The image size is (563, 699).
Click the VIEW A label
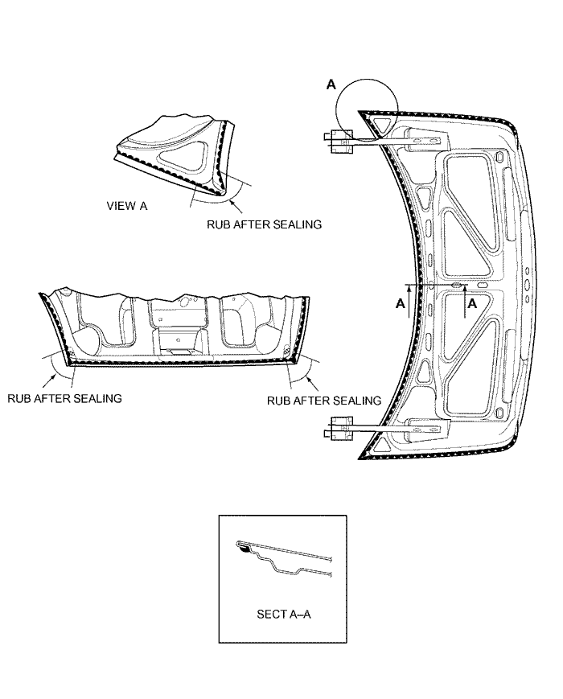point(127,206)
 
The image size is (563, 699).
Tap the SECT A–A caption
point(283,615)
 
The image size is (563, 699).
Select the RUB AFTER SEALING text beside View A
point(264,224)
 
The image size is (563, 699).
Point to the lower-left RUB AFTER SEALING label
point(64,398)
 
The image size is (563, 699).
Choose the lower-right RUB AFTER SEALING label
point(324,401)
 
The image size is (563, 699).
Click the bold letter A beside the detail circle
point(331,84)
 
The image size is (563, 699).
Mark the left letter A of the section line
point(401,303)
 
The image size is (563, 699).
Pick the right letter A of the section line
point(472,303)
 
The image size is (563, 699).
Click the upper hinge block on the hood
point(340,141)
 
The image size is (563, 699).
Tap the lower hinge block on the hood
point(342,428)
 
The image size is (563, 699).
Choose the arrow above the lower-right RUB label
point(311,384)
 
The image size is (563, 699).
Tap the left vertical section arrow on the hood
point(409,302)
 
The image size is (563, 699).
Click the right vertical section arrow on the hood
point(464,302)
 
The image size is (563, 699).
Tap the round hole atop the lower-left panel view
point(183,302)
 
